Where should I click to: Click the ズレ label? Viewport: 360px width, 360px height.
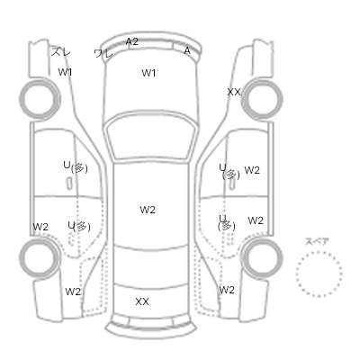click(61, 52)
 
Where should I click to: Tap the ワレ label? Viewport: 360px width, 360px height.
click(103, 54)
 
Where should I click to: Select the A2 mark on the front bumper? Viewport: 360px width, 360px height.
click(132, 41)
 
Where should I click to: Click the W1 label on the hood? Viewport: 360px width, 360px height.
click(148, 73)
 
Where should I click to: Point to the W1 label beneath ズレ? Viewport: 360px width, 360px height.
click(65, 72)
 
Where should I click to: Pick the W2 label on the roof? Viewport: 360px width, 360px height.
click(148, 210)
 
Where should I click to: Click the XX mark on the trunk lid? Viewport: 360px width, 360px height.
click(142, 301)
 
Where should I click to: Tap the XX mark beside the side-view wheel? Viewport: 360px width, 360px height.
click(234, 92)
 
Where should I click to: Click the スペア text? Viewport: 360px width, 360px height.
click(317, 241)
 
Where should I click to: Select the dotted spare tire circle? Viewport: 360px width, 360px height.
click(319, 252)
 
